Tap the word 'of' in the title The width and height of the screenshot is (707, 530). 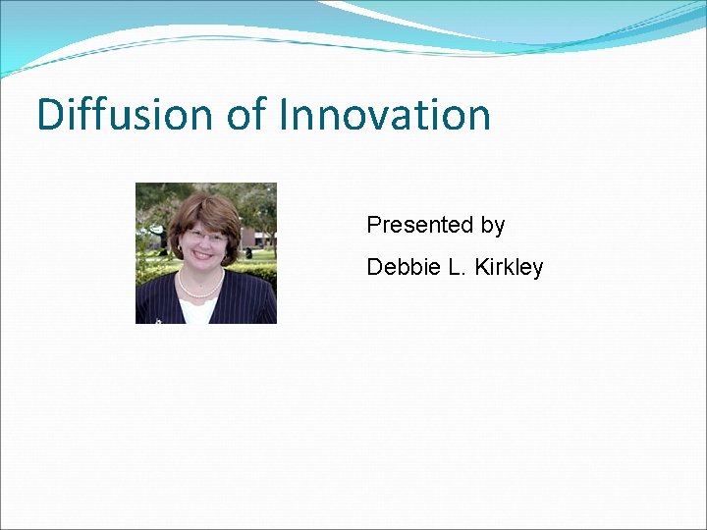[x=245, y=115]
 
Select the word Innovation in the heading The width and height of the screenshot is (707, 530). [x=384, y=115]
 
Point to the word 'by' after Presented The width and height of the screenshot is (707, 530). [x=493, y=226]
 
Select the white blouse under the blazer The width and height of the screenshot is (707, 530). [x=199, y=309]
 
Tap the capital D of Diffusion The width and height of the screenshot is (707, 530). [x=49, y=115]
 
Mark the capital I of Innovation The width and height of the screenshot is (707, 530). [x=285, y=115]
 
